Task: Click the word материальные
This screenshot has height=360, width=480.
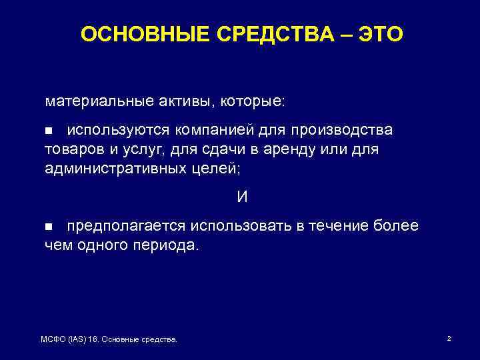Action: pyautogui.click(x=91, y=102)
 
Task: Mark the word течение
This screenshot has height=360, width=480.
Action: pyautogui.click(x=333, y=226)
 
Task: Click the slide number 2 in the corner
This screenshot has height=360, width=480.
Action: pyautogui.click(x=449, y=339)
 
